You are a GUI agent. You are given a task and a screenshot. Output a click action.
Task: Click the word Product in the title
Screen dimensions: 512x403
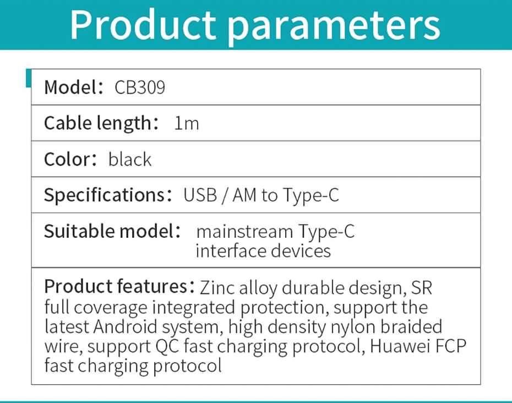[143, 25]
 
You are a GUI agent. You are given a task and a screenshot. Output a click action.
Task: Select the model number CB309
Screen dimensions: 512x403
[140, 88]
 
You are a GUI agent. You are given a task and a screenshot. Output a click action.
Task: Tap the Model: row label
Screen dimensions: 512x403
[74, 87]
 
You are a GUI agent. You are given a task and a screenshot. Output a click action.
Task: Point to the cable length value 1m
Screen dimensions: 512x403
[187, 123]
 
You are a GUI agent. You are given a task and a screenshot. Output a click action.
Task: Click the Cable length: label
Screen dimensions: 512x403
[101, 123]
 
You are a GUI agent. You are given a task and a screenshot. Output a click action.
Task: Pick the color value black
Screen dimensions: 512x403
[129, 159]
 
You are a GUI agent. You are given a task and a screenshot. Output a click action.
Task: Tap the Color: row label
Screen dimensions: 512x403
[70, 159]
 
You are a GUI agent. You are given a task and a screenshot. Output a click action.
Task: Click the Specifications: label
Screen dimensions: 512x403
[108, 195]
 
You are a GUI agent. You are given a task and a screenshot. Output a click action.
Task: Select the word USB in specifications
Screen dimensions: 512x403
[200, 195]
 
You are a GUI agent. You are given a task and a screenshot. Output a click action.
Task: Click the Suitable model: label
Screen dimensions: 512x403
[112, 231]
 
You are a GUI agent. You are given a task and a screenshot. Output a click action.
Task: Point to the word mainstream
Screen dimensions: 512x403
[244, 232]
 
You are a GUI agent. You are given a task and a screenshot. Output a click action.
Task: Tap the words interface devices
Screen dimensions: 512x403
[263, 251]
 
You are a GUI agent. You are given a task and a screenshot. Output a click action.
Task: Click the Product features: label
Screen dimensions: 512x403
[120, 287]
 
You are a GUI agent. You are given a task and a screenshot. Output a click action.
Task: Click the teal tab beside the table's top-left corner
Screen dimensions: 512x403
[29, 78]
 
